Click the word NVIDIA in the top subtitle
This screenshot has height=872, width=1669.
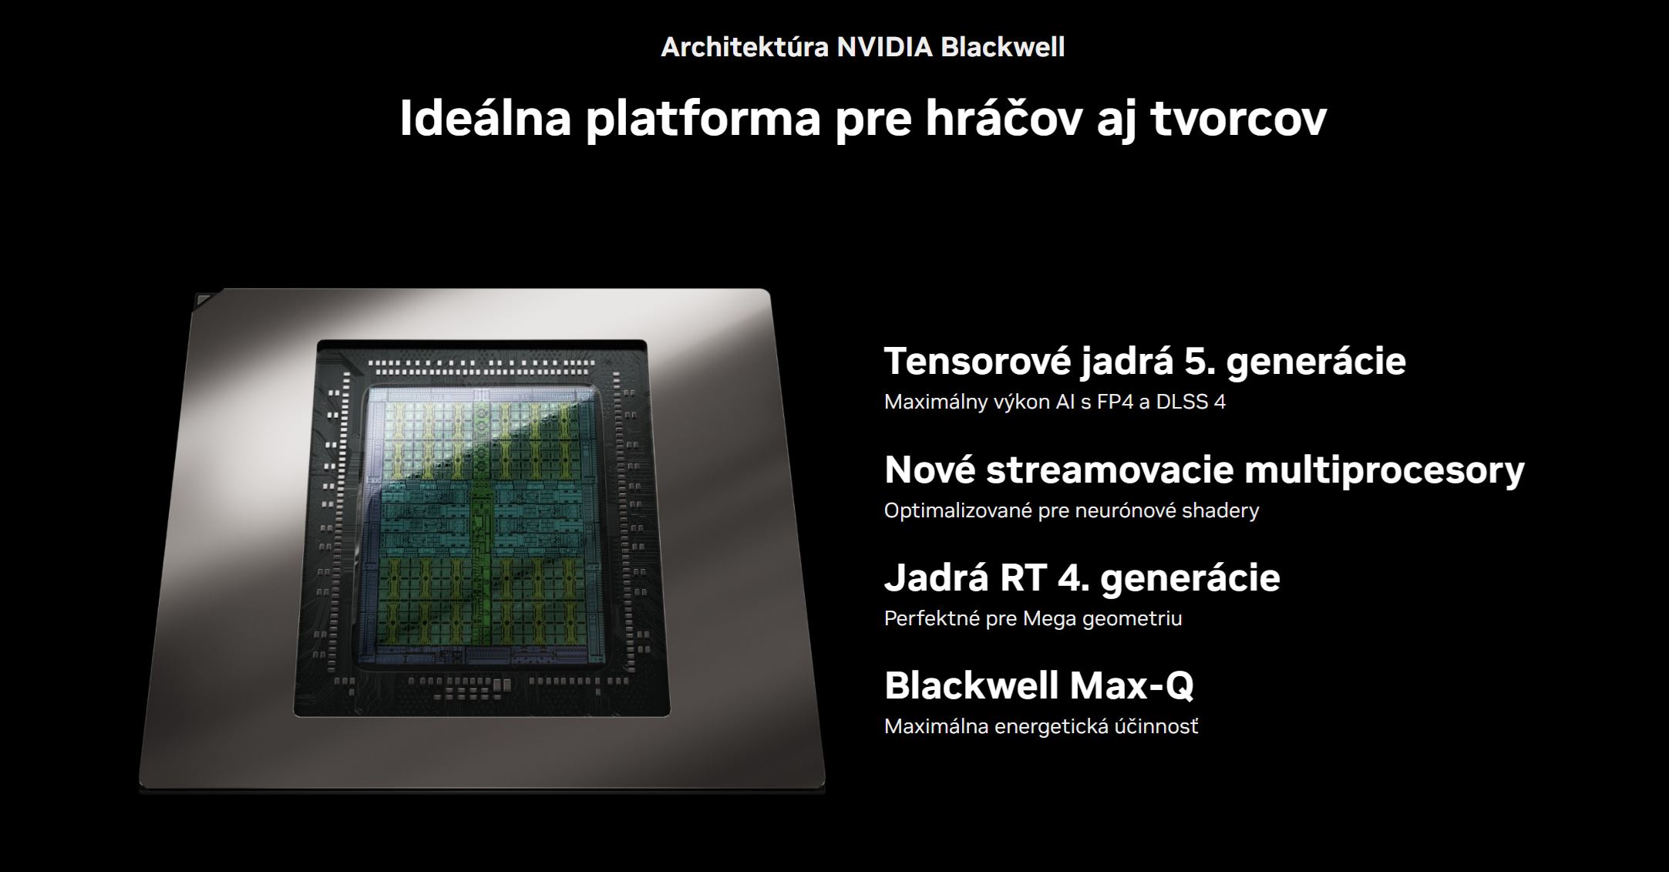(886, 47)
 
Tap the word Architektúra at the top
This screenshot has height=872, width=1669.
(745, 47)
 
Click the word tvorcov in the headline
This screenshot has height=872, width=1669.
(1238, 120)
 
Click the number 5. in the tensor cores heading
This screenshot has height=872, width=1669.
(1200, 362)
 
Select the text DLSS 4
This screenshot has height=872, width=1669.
(1190, 402)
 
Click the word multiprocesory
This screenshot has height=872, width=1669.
(1385, 470)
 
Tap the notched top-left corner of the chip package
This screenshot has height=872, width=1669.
(204, 300)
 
